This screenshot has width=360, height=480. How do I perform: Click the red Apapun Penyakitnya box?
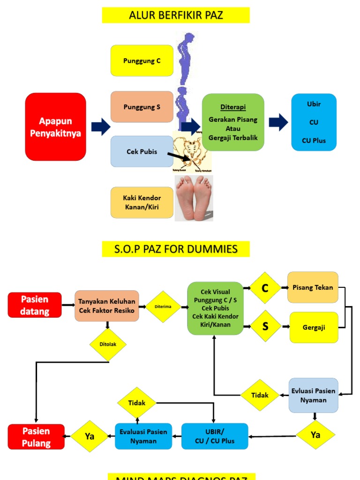click(55, 127)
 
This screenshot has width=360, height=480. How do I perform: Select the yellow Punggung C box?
click(142, 60)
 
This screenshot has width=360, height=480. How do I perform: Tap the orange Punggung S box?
click(142, 107)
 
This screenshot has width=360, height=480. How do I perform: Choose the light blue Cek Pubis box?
click(142, 151)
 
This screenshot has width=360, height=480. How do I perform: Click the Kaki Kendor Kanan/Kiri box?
click(142, 202)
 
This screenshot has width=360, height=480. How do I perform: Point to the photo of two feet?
click(194, 198)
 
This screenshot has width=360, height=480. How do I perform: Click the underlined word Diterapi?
click(232, 106)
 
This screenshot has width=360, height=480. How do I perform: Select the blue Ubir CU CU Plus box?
click(314, 122)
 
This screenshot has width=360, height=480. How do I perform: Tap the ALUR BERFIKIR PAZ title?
click(176, 15)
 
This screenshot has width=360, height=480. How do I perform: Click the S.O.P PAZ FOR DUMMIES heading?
click(176, 249)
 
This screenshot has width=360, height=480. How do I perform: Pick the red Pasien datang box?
click(35, 305)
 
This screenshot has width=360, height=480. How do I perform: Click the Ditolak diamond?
click(108, 344)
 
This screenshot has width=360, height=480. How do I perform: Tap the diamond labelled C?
click(265, 288)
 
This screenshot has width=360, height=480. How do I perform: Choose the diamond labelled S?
click(265, 326)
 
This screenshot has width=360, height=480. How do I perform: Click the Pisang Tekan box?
click(313, 287)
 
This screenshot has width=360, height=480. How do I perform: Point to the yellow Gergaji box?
click(314, 327)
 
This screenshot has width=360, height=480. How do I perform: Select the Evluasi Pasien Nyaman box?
click(313, 395)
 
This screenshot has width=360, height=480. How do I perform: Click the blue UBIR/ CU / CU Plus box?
click(215, 436)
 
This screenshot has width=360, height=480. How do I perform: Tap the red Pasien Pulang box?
click(36, 436)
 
